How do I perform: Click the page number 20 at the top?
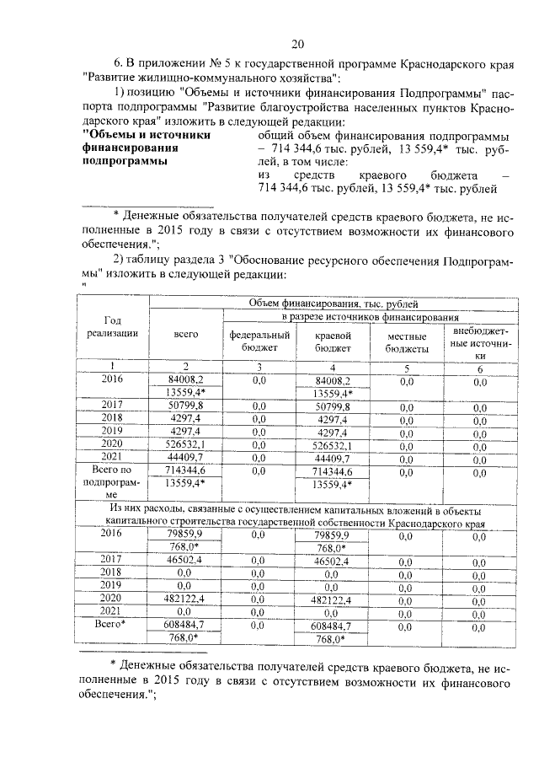pos(297,44)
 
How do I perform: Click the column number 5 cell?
pos(407,368)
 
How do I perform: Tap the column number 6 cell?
pos(479,368)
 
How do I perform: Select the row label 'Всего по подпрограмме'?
pos(113,483)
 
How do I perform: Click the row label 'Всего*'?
pos(113,625)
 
